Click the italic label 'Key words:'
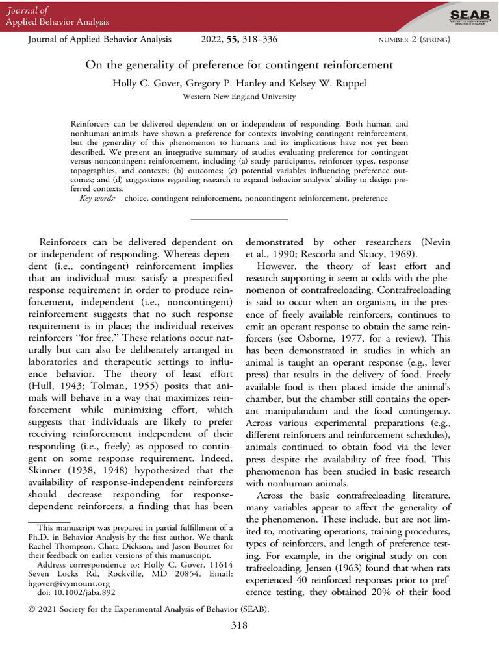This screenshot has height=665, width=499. pos(98,198)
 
